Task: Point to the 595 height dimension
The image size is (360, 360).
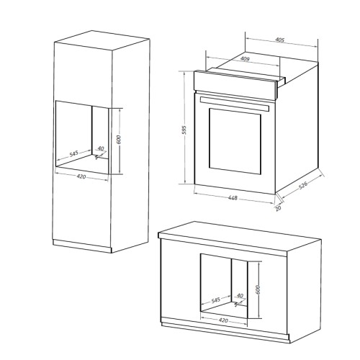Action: [x=186, y=130]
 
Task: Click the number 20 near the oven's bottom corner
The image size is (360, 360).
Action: [x=278, y=210]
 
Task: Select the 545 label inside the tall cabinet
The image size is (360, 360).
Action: [x=73, y=154]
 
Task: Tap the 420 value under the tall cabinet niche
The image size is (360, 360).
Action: [x=84, y=176]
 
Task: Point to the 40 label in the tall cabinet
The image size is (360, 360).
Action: [x=100, y=149]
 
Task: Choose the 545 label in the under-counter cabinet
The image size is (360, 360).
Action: [x=216, y=298]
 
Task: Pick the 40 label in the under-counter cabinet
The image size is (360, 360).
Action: [x=240, y=295]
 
